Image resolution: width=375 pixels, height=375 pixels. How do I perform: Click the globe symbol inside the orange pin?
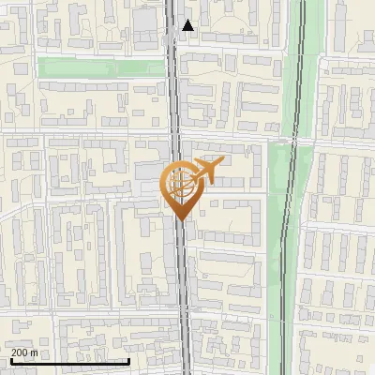click(x=179, y=181)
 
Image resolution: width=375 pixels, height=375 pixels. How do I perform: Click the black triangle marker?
click(x=188, y=25)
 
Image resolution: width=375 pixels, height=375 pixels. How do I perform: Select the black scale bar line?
click(x=69, y=361)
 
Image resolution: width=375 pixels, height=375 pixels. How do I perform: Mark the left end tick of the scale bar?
click(x=11, y=359)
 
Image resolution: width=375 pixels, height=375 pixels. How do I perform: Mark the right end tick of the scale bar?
click(x=127, y=359)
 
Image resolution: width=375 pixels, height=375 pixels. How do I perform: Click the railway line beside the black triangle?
click(x=175, y=28)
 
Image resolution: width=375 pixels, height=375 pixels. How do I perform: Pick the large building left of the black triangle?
click(x=147, y=23)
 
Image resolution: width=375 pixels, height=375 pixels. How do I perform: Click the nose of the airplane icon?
click(x=221, y=162)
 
